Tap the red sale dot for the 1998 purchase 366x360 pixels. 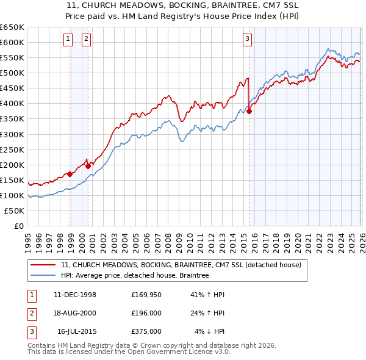pos(70,174)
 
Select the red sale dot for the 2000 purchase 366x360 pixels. pos(88,165)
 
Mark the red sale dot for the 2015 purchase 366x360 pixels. pos(249,111)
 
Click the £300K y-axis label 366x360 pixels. pos(12,134)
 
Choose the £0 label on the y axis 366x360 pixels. pos(18,226)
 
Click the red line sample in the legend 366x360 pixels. pos(43,265)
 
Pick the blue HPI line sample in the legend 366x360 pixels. pos(43,276)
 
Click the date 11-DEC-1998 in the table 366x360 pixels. pos(75,294)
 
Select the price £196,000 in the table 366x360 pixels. pos(146,313)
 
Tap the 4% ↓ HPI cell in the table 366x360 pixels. pos(210,331)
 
